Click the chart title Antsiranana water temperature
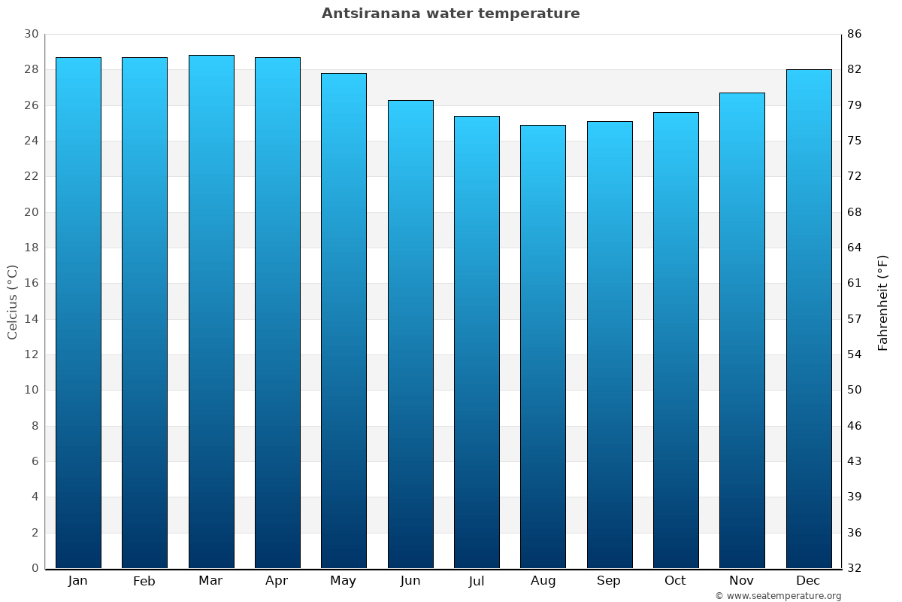click(x=450, y=14)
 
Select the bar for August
click(x=543, y=346)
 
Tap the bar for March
click(x=211, y=312)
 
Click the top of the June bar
click(x=410, y=101)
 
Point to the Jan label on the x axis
click(x=78, y=581)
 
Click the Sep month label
click(x=609, y=581)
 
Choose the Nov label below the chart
click(x=742, y=581)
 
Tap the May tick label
click(x=344, y=581)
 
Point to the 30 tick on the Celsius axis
click(x=31, y=35)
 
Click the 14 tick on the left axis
click(x=31, y=319)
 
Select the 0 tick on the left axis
click(x=35, y=568)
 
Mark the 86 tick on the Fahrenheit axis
click(x=855, y=35)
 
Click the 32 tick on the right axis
click(x=855, y=568)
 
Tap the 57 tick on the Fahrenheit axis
click(x=855, y=319)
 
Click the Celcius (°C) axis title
click(x=13, y=302)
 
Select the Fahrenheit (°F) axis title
click(x=883, y=302)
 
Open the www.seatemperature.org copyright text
click(x=778, y=596)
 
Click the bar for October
click(x=676, y=340)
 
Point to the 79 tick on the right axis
click(x=855, y=105)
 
